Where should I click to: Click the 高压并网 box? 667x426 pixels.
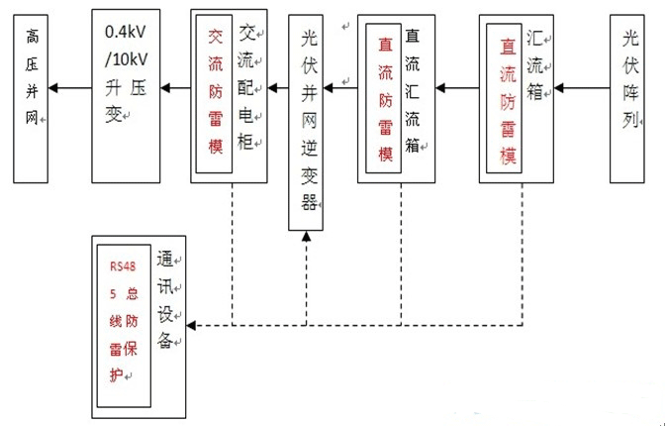pyautogui.click(x=31, y=95)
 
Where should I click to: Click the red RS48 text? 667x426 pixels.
pyautogui.click(x=121, y=266)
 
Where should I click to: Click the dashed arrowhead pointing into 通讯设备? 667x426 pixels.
pyautogui.click(x=192, y=325)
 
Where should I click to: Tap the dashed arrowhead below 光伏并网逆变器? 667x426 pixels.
pyautogui.click(x=308, y=238)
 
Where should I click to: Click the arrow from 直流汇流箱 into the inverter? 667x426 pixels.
pyautogui.click(x=340, y=89)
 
